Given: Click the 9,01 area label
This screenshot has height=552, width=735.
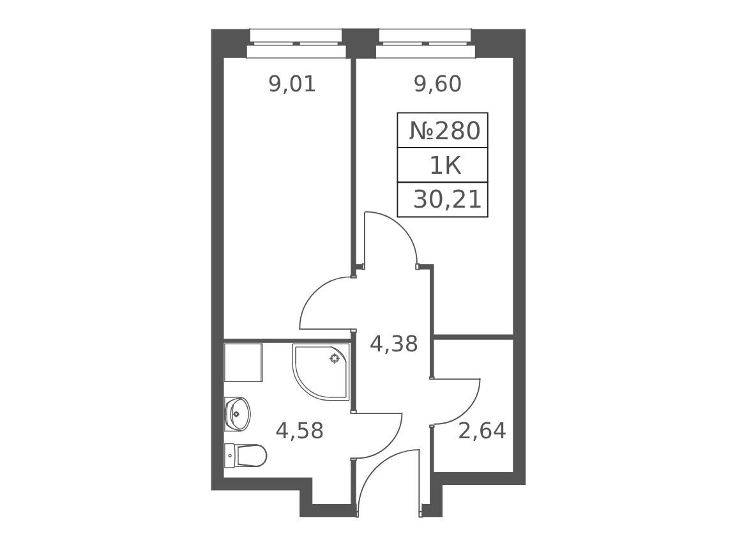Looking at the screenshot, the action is [292, 84].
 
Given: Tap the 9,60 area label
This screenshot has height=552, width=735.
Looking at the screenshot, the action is [438, 84].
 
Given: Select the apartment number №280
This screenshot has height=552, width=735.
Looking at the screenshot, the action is [445, 131].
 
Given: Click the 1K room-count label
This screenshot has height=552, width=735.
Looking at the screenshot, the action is [445, 165].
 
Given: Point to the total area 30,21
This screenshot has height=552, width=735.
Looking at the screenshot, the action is [447, 200].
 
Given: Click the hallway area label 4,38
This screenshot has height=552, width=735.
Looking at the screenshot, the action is [394, 344].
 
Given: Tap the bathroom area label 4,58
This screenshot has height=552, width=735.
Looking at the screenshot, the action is [299, 431].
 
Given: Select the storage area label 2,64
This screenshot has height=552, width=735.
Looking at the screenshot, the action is [482, 431].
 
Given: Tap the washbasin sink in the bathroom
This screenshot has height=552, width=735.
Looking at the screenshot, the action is [237, 413].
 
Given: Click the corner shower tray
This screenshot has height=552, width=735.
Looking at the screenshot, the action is [321, 372].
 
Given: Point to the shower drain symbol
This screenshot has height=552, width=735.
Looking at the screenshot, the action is [334, 359].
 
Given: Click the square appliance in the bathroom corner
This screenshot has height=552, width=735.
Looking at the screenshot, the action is [243, 362].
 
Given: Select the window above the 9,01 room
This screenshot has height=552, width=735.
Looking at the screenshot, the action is [296, 43].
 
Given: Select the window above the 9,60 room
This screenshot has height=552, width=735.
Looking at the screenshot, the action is [425, 43].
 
